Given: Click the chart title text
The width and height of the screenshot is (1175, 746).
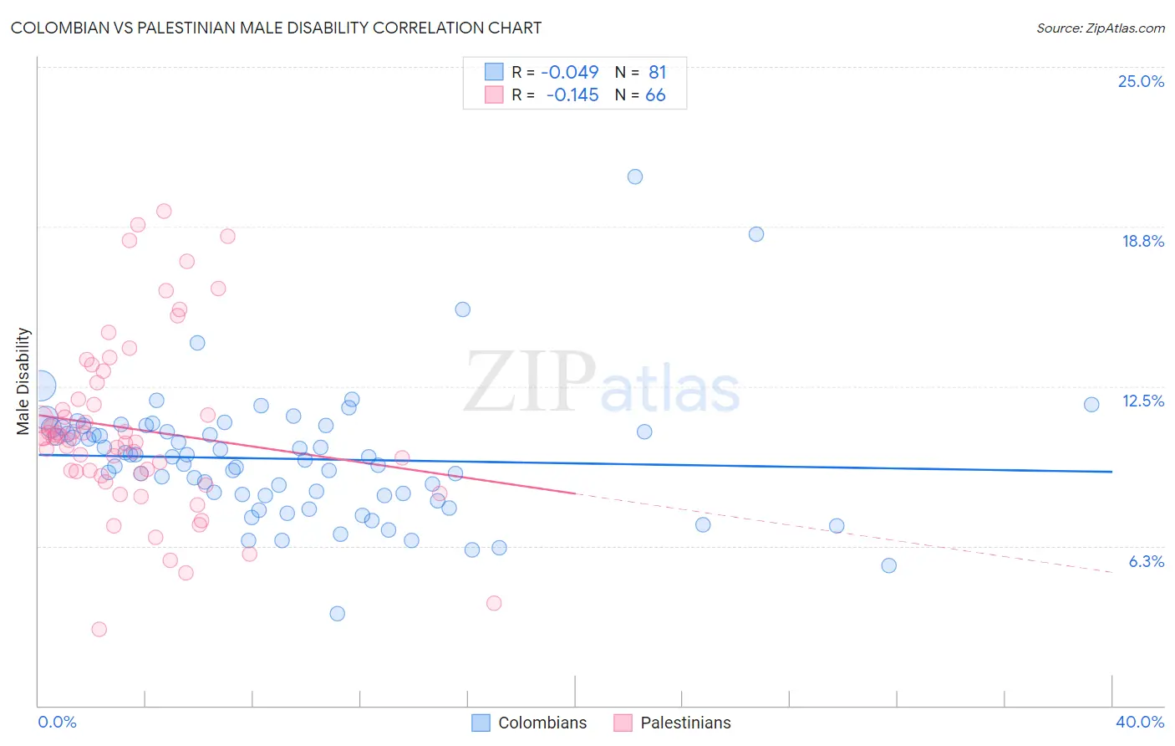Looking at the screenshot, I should (x=276, y=28).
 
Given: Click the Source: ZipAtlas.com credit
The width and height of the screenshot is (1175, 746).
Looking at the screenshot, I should (x=1100, y=28).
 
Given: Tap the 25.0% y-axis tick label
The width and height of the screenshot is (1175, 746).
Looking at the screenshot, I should (x=1141, y=81).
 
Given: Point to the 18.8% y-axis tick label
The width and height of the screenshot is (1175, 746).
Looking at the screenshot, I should (x=1142, y=241).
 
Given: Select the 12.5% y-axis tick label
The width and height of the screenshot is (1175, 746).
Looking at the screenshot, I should (x=1142, y=401).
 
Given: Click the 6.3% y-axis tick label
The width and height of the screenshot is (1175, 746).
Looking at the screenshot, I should (x=1146, y=561).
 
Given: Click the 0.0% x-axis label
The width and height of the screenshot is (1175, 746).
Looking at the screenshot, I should (x=57, y=722).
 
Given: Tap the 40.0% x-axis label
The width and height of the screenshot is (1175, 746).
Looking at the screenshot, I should (x=1139, y=722).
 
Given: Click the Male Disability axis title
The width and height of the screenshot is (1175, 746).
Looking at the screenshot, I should (x=23, y=381).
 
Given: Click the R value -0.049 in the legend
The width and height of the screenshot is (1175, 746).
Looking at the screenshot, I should (x=570, y=72).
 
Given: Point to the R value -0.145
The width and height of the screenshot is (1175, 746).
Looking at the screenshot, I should (x=572, y=95).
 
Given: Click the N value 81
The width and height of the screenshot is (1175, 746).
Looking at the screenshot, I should (x=657, y=72).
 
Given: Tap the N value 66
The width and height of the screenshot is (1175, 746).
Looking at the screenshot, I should (x=655, y=95).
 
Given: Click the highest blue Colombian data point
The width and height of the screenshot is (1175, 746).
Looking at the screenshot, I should (x=635, y=176).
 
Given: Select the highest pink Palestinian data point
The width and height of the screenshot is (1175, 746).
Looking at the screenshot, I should (x=164, y=211).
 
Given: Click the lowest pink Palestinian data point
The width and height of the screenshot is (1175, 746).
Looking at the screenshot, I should (x=99, y=629).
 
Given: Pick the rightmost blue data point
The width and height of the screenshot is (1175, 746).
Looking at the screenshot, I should (x=1091, y=405).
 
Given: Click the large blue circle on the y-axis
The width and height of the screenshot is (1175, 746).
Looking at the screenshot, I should (x=41, y=386).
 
